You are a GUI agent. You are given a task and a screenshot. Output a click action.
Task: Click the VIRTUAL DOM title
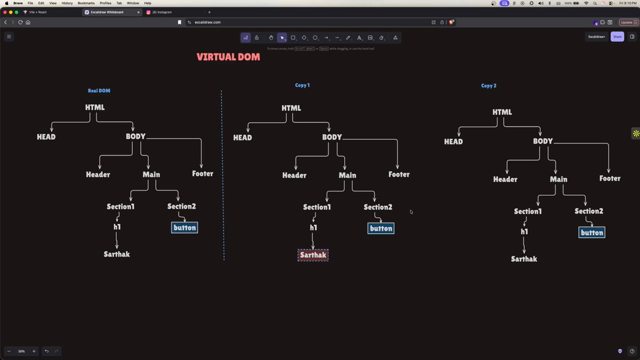pyautogui.click(x=228, y=57)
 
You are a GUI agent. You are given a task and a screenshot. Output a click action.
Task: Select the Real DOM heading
pyautogui.click(x=99, y=91)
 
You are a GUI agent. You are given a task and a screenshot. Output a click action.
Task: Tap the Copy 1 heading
pyautogui.click(x=302, y=85)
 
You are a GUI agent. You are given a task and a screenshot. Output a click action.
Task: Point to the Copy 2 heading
pyautogui.click(x=489, y=85)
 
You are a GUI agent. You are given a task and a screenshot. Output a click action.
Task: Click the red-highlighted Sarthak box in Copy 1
pyautogui.click(x=313, y=255)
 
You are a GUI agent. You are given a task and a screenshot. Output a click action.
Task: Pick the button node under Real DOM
pyautogui.click(x=185, y=228)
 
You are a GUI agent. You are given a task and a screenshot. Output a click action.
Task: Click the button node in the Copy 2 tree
pyautogui.click(x=592, y=233)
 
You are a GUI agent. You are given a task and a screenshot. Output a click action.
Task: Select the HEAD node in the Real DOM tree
pyautogui.click(x=46, y=137)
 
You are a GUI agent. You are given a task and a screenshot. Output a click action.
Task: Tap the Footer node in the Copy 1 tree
pyautogui.click(x=399, y=174)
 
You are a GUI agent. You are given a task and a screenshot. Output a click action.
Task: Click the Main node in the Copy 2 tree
pyautogui.click(x=558, y=179)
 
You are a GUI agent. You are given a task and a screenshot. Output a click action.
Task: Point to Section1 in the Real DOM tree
pyautogui.click(x=121, y=206)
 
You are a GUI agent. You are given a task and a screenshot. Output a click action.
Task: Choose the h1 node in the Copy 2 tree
pyautogui.click(x=524, y=231)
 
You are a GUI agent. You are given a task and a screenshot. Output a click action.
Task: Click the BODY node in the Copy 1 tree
pyautogui.click(x=332, y=137)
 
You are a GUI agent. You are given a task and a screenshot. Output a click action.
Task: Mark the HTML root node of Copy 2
pyautogui.click(x=502, y=112)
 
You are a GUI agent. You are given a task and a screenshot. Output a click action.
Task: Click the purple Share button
pyautogui.click(x=617, y=37)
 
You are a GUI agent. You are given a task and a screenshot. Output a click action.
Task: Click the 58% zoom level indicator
pyautogui.click(x=21, y=351)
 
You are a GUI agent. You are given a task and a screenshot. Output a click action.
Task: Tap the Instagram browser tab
pyautogui.click(x=162, y=12)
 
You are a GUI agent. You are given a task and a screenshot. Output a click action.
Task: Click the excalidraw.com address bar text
pyautogui.click(x=208, y=22)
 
